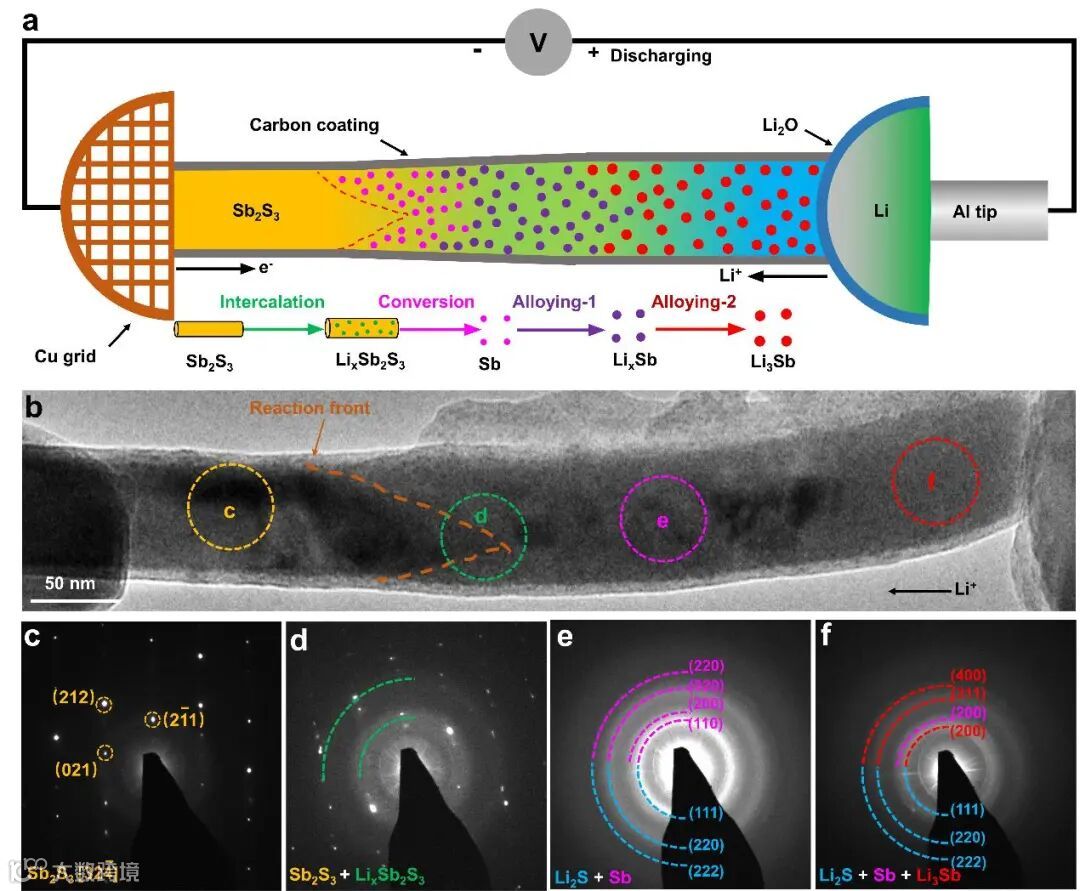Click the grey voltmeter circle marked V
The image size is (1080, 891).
tap(538, 42)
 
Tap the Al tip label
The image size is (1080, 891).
tap(973, 212)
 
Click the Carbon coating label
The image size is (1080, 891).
tap(314, 125)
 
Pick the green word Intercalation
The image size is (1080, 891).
tap(272, 301)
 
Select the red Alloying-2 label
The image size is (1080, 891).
tap(698, 301)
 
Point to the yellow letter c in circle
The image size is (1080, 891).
tap(229, 512)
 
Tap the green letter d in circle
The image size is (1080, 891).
tap(481, 517)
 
